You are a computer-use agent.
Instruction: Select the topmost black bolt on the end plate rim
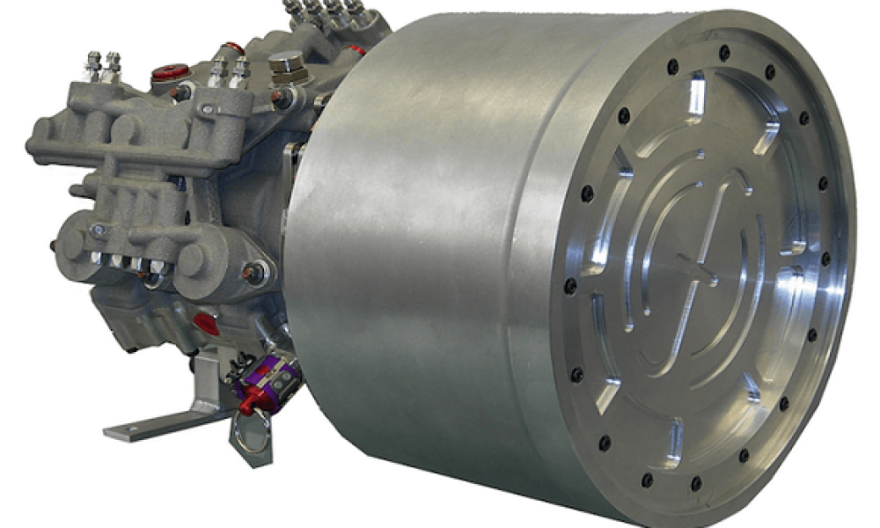tap(724, 52)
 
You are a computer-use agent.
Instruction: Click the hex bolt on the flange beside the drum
tap(254, 274)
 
